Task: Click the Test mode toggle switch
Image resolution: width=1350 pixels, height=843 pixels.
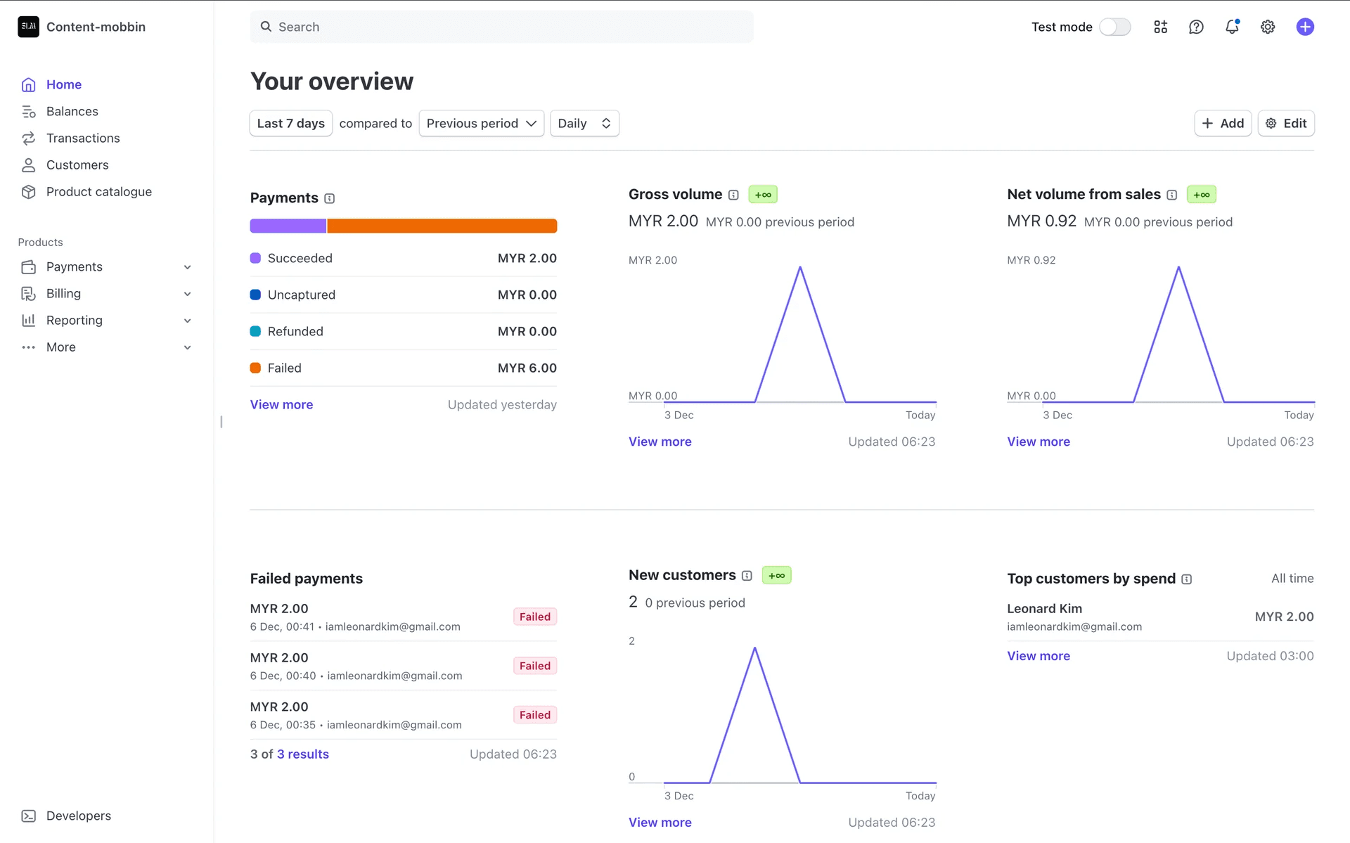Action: tap(1114, 27)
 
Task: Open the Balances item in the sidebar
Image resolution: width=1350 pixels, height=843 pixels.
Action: tap(72, 111)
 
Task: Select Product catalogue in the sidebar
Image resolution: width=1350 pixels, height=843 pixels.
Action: tap(98, 191)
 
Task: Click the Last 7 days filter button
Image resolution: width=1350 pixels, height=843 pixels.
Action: tap(290, 123)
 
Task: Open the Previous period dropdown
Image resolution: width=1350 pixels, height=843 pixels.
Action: tap(481, 123)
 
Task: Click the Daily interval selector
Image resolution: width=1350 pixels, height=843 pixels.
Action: tap(584, 123)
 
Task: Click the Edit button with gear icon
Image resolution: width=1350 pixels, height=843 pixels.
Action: tap(1286, 123)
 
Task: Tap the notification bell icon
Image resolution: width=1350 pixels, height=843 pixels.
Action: tap(1232, 27)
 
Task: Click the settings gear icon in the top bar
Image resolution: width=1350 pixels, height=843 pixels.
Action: tap(1268, 27)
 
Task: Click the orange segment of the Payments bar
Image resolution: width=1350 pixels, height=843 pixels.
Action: tap(442, 226)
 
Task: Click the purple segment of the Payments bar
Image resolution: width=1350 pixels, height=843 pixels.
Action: tap(288, 226)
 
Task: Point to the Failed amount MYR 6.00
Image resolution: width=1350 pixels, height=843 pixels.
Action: tap(527, 368)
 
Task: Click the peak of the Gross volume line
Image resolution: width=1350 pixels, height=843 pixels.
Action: tap(800, 268)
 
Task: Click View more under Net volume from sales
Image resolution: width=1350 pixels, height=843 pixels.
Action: tap(1038, 442)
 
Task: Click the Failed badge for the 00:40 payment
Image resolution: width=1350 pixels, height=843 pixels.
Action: tap(534, 666)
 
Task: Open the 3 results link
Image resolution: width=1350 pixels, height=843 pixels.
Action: tap(302, 754)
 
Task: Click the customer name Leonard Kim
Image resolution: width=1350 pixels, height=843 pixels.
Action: tap(1044, 608)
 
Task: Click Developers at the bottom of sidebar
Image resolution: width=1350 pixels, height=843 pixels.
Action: tap(78, 816)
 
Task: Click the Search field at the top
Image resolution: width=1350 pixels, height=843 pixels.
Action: tap(501, 27)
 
